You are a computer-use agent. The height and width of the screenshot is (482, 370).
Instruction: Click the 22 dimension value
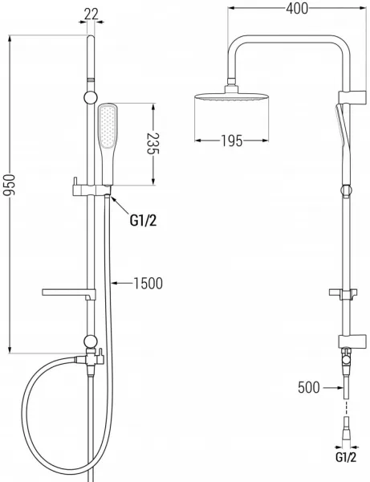coord(91,14)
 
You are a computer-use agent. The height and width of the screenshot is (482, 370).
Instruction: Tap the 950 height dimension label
coord(9,185)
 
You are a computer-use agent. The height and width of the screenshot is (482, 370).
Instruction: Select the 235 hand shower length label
coord(152,144)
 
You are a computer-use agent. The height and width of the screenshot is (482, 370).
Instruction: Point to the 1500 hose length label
coord(148,283)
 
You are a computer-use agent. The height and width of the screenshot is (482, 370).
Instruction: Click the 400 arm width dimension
coord(297,9)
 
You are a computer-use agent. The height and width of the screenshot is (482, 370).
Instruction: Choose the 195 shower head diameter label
coord(232,141)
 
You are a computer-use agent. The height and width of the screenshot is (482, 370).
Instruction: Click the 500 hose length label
coord(309,387)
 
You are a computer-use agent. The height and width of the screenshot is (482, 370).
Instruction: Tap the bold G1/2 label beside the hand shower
coord(143,220)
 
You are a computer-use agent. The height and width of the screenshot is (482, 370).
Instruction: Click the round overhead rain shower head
coord(232,96)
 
